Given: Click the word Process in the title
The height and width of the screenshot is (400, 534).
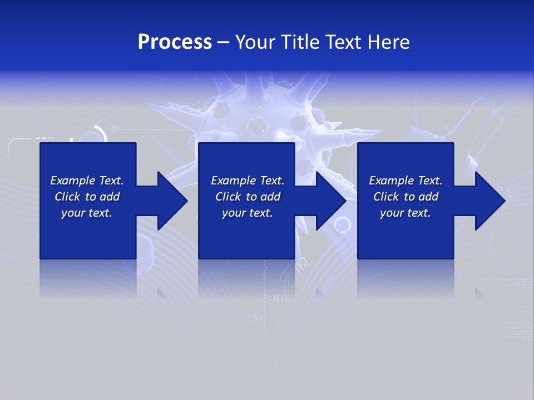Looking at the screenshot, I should pos(175,42).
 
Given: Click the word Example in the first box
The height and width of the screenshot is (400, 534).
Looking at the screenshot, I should pos(72,181).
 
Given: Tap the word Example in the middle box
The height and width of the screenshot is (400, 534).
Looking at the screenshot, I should pos(233,181).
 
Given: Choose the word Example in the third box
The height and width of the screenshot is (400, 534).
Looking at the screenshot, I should pos(391,181).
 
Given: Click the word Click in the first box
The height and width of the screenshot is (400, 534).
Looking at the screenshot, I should pos(67,197).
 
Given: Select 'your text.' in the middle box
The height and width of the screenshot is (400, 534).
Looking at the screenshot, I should pos(247,213).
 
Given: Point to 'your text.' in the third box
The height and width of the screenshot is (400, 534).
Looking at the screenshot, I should pos(405,213).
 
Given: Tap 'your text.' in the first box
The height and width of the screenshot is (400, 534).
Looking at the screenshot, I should pos(86,213).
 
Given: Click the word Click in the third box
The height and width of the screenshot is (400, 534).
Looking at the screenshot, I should pos(386,197).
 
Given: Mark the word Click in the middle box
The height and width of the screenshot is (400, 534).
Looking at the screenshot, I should pos(228,197).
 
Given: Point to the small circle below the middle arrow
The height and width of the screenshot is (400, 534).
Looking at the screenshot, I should pos(342,224).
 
